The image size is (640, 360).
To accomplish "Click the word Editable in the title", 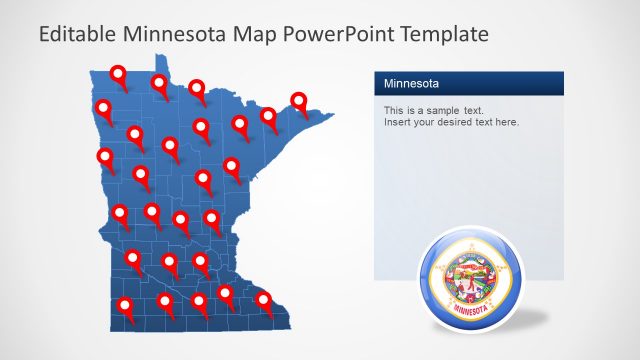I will coord(75,34).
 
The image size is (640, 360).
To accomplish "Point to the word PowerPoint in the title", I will coord(337,34).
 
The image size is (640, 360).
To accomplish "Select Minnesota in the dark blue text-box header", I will coord(411,83).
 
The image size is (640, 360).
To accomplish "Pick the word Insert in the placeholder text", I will coord(397,122).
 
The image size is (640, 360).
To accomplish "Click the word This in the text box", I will coord(393,109).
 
